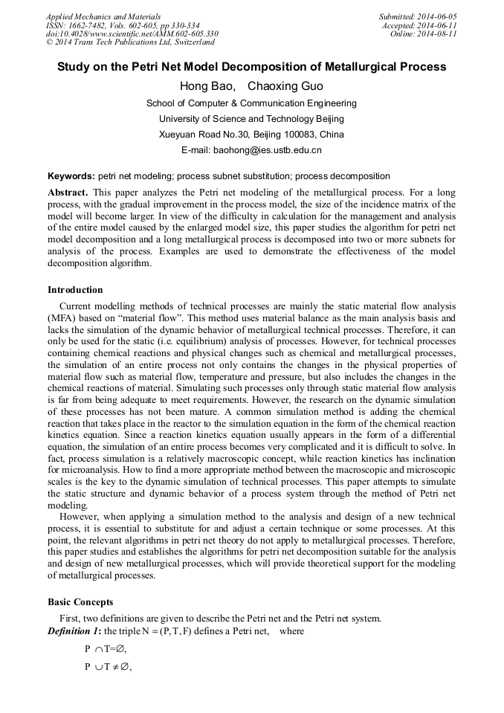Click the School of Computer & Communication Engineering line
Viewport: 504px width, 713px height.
(251, 103)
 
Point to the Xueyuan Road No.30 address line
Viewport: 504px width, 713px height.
(251, 135)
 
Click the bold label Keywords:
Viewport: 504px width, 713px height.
(71, 176)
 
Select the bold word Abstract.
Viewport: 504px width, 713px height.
(68, 192)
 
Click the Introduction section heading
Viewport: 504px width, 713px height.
(75, 290)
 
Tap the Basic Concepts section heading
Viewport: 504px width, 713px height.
(80, 602)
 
